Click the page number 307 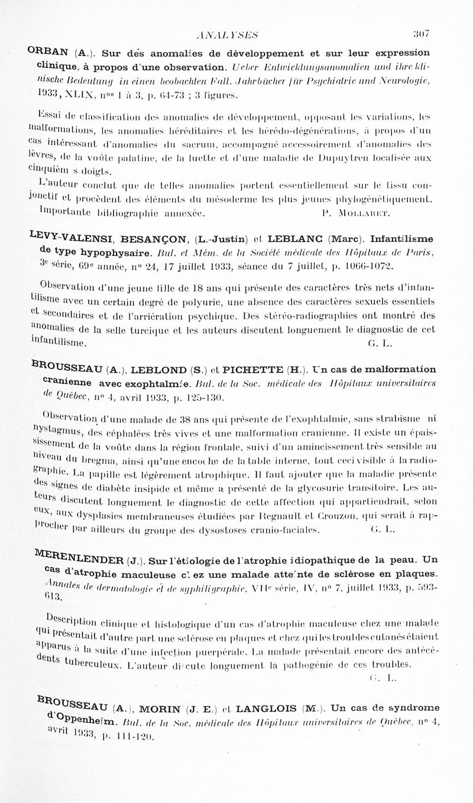[x=421, y=34]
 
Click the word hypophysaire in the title [x=113, y=252]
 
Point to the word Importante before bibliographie [x=61, y=211]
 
